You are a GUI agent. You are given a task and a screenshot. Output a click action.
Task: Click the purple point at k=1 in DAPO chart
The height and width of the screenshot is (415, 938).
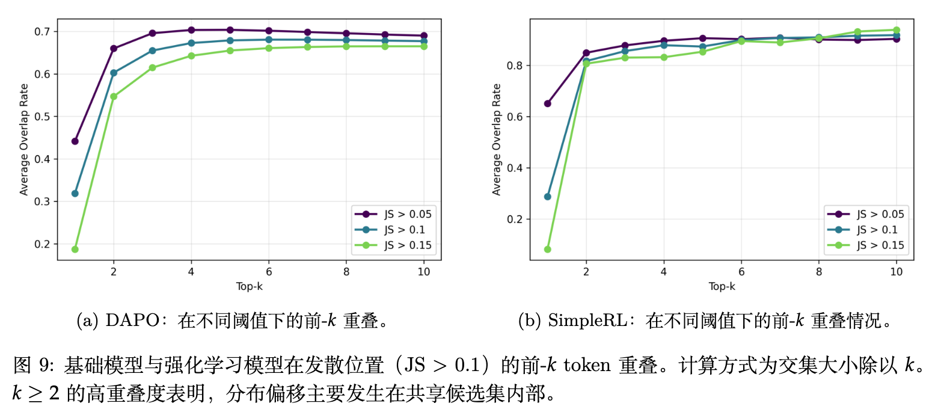pos(75,141)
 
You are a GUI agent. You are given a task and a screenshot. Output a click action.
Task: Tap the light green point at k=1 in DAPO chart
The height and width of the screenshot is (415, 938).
pos(75,249)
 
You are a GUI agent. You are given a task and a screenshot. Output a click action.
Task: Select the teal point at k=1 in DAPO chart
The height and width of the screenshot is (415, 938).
pos(75,193)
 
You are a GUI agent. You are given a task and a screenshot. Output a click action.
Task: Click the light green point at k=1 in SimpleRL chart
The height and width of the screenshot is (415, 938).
pos(547,249)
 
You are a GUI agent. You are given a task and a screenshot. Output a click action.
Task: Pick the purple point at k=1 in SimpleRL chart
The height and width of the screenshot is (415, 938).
pos(547,103)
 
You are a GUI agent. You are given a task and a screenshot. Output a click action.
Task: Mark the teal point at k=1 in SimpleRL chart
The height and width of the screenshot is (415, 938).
pos(547,197)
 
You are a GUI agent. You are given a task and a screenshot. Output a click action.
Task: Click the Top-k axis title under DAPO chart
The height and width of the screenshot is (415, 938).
pos(249,286)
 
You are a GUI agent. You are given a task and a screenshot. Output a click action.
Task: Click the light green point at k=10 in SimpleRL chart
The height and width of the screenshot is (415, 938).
pos(897,30)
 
